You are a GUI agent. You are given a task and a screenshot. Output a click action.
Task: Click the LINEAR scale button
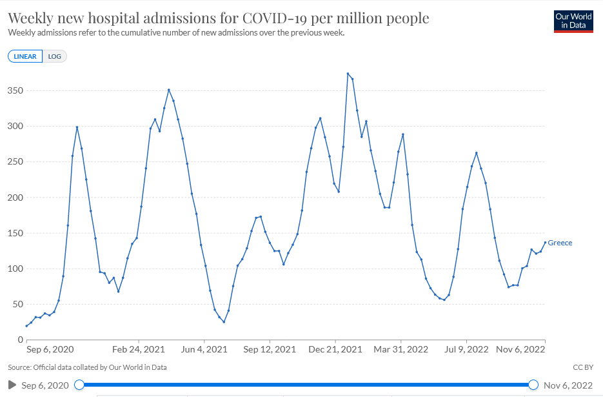pos(25,56)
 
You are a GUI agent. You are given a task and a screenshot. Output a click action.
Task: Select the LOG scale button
pos(55,56)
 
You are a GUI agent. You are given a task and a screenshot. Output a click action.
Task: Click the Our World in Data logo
pos(573,21)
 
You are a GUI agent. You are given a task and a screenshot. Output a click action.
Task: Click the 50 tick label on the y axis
pos(15,305)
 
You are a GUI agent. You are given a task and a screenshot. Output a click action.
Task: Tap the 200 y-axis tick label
pos(13,198)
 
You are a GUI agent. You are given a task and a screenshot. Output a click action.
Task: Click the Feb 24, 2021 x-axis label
pos(139,349)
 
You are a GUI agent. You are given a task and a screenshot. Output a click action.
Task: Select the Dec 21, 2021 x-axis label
pos(335,349)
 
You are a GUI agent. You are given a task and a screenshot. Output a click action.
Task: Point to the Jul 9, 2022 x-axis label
pos(466,349)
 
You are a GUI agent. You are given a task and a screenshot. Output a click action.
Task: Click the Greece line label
pos(560,243)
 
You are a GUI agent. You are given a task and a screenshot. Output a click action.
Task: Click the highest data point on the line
pos(348,74)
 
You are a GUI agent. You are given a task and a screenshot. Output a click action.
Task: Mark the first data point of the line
pos(26,326)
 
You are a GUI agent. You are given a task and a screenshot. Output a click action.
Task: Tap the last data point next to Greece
pos(545,243)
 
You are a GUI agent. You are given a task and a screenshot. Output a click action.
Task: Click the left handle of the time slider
pos(79,385)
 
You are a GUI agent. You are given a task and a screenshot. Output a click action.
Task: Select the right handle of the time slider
pos(533,385)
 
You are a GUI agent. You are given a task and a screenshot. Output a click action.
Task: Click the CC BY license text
pos(582,367)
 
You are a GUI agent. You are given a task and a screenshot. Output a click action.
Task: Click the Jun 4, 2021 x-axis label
pos(204,349)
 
